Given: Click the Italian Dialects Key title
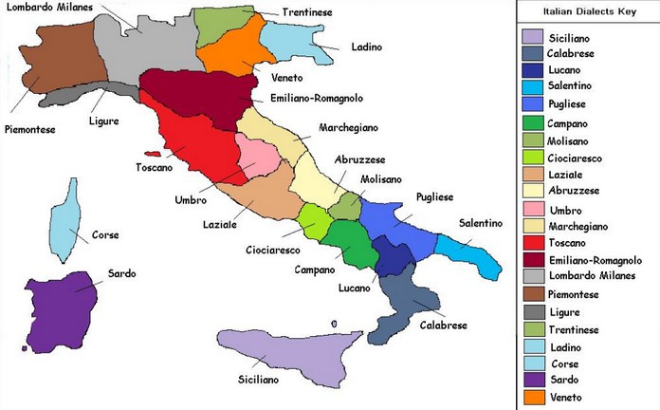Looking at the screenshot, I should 588,13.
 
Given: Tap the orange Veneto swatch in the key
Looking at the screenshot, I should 534,397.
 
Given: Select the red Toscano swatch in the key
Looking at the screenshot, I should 534,242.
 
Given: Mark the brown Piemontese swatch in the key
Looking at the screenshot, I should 534,294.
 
